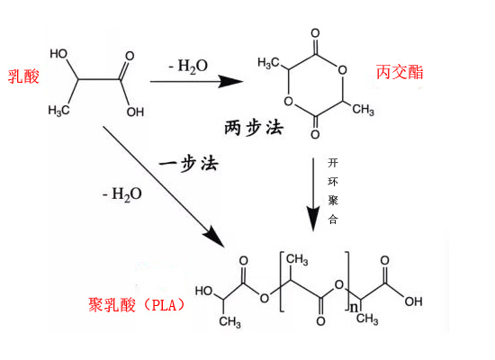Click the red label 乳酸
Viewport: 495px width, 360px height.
click(23, 76)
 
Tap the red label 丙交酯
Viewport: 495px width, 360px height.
click(400, 72)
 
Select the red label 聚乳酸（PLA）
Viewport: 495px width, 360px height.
click(137, 305)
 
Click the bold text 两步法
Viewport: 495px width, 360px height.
click(254, 128)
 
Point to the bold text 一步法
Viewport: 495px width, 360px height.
click(188, 164)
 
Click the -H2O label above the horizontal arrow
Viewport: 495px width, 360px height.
click(188, 67)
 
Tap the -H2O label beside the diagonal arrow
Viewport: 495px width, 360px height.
click(122, 194)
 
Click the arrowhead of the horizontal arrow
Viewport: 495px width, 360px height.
click(231, 82)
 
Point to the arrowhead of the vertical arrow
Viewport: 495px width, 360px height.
click(313, 219)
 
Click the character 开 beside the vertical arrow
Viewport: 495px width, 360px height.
click(333, 163)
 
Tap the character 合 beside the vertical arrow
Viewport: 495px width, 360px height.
click(333, 219)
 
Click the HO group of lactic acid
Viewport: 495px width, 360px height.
click(58, 54)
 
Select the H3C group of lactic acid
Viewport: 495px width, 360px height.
click(58, 111)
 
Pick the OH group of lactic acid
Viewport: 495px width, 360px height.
click(135, 112)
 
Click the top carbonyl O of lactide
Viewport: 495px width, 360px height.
click(315, 33)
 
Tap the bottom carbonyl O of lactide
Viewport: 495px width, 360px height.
click(315, 134)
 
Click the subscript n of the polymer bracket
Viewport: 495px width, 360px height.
click(355, 307)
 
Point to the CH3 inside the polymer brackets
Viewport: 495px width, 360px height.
click(297, 259)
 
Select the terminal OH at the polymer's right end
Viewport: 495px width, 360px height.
click(414, 301)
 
